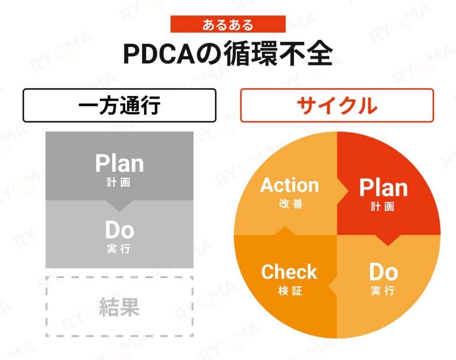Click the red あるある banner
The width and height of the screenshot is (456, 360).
[x=228, y=24]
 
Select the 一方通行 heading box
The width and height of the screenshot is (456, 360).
[x=119, y=105]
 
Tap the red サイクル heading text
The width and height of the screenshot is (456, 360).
[x=337, y=105]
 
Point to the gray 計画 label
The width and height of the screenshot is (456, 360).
[x=118, y=182]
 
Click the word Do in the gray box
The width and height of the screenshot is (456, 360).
[x=119, y=230]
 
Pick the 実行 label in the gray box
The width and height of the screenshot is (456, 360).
[x=118, y=249]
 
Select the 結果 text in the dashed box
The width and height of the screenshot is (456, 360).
[x=119, y=307]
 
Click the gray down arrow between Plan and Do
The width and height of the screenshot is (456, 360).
[x=119, y=206]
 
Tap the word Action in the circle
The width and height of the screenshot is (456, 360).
[x=289, y=185]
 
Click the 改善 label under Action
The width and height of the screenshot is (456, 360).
[x=291, y=204]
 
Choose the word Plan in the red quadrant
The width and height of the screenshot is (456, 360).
[x=383, y=188]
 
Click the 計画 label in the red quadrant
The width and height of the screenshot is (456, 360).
[x=383, y=206]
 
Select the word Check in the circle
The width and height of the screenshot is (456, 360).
[x=289, y=272]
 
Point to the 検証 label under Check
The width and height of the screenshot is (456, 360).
[x=290, y=291]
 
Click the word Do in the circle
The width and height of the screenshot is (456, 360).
[x=383, y=272]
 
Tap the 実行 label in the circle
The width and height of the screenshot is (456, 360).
[x=383, y=291]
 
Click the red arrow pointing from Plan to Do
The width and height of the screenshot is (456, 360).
[x=388, y=240]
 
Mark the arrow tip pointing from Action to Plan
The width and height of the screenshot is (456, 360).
[x=348, y=191]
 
